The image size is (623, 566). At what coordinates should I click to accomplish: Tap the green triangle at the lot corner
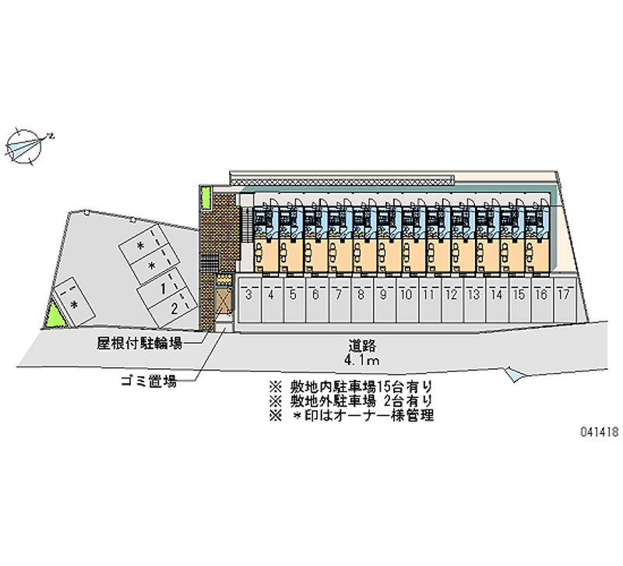(x=55, y=315)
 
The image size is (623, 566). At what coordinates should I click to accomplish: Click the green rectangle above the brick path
(x=206, y=199)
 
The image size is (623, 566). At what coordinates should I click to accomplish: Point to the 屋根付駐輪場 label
(x=139, y=343)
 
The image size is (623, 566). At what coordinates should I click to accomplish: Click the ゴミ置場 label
(x=149, y=381)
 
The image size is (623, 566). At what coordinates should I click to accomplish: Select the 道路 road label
(x=362, y=346)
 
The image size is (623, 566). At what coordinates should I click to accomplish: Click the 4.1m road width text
(x=361, y=360)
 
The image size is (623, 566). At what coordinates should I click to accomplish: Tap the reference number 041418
(x=600, y=431)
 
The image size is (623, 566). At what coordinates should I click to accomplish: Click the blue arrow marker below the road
(x=515, y=374)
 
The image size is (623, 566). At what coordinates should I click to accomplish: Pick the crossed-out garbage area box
(x=223, y=301)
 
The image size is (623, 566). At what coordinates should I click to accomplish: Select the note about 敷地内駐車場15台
(x=350, y=386)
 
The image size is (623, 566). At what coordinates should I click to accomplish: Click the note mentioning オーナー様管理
(x=351, y=416)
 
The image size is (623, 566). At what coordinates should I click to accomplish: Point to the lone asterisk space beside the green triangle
(x=74, y=303)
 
